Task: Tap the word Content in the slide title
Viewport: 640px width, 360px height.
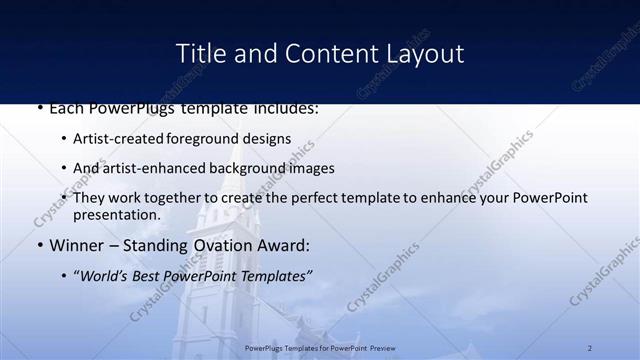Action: pyautogui.click(x=321, y=53)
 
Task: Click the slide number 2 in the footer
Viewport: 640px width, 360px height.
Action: pyautogui.click(x=590, y=347)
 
